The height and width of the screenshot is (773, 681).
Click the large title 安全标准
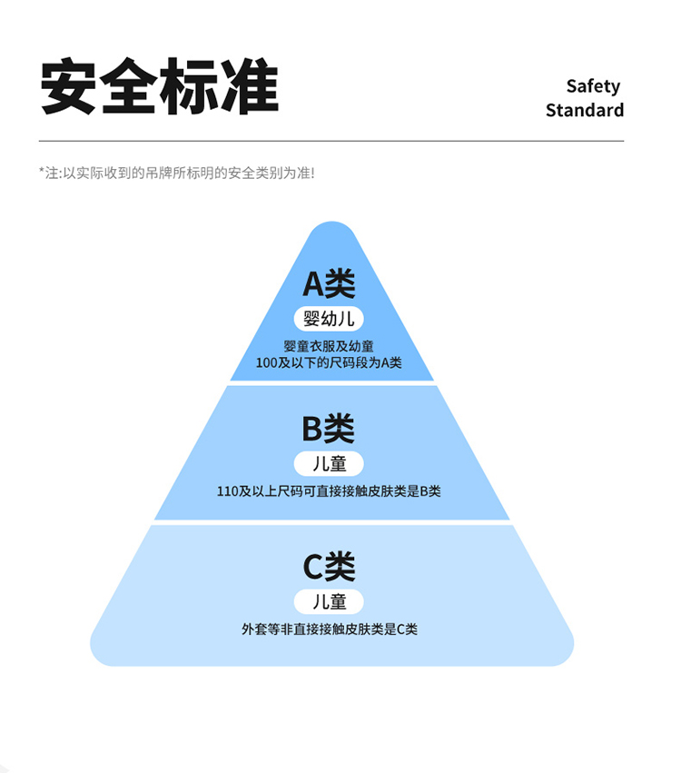(160, 87)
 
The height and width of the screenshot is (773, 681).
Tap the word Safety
(593, 86)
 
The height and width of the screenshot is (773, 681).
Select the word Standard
(584, 111)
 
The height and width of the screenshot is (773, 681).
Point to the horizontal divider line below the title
(331, 142)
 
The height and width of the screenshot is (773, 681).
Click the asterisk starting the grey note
(42, 171)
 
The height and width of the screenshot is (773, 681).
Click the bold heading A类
(329, 284)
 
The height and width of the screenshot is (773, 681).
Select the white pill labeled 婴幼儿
(329, 319)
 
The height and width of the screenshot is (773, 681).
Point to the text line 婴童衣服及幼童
(329, 346)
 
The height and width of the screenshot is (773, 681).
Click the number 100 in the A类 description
(266, 362)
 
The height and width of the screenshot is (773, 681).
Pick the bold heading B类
(329, 428)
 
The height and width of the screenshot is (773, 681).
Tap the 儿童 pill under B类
(329, 463)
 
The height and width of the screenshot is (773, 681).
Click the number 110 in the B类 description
(227, 491)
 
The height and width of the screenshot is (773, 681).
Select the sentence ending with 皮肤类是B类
(329, 491)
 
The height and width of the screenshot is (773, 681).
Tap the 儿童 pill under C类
(329, 601)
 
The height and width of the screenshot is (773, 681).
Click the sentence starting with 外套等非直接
(329, 629)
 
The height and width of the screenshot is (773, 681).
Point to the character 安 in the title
(71, 87)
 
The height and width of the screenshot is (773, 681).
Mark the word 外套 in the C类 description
(253, 629)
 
